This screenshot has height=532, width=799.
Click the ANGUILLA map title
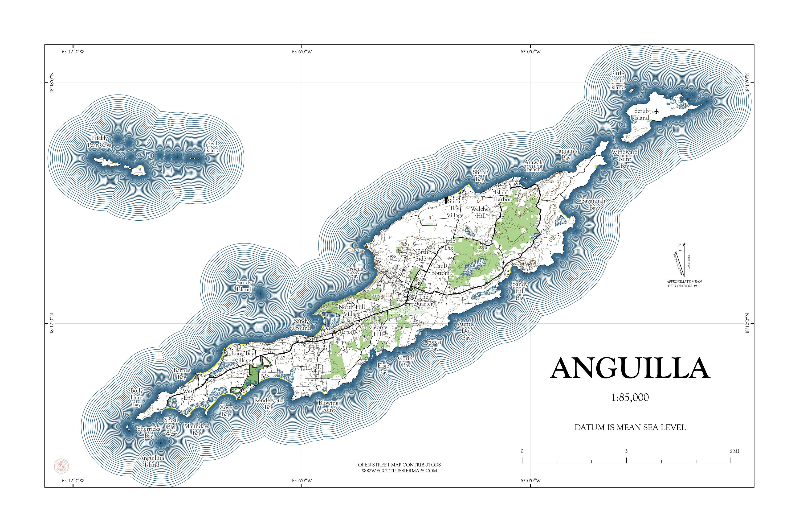630,369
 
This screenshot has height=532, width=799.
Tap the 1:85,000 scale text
630,398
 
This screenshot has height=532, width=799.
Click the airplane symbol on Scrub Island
657,111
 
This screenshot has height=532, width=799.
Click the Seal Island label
212,147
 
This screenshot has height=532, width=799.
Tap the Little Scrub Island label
617,80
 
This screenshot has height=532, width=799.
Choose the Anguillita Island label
152,461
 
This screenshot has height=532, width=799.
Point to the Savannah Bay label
593,204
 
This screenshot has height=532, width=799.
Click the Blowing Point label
328,406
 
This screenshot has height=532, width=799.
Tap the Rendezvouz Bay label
268,404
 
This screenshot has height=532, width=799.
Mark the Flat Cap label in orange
356,250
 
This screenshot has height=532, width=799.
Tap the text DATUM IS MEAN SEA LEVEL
630,427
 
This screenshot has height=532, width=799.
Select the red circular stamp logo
62,466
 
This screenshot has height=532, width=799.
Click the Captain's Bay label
566,154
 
